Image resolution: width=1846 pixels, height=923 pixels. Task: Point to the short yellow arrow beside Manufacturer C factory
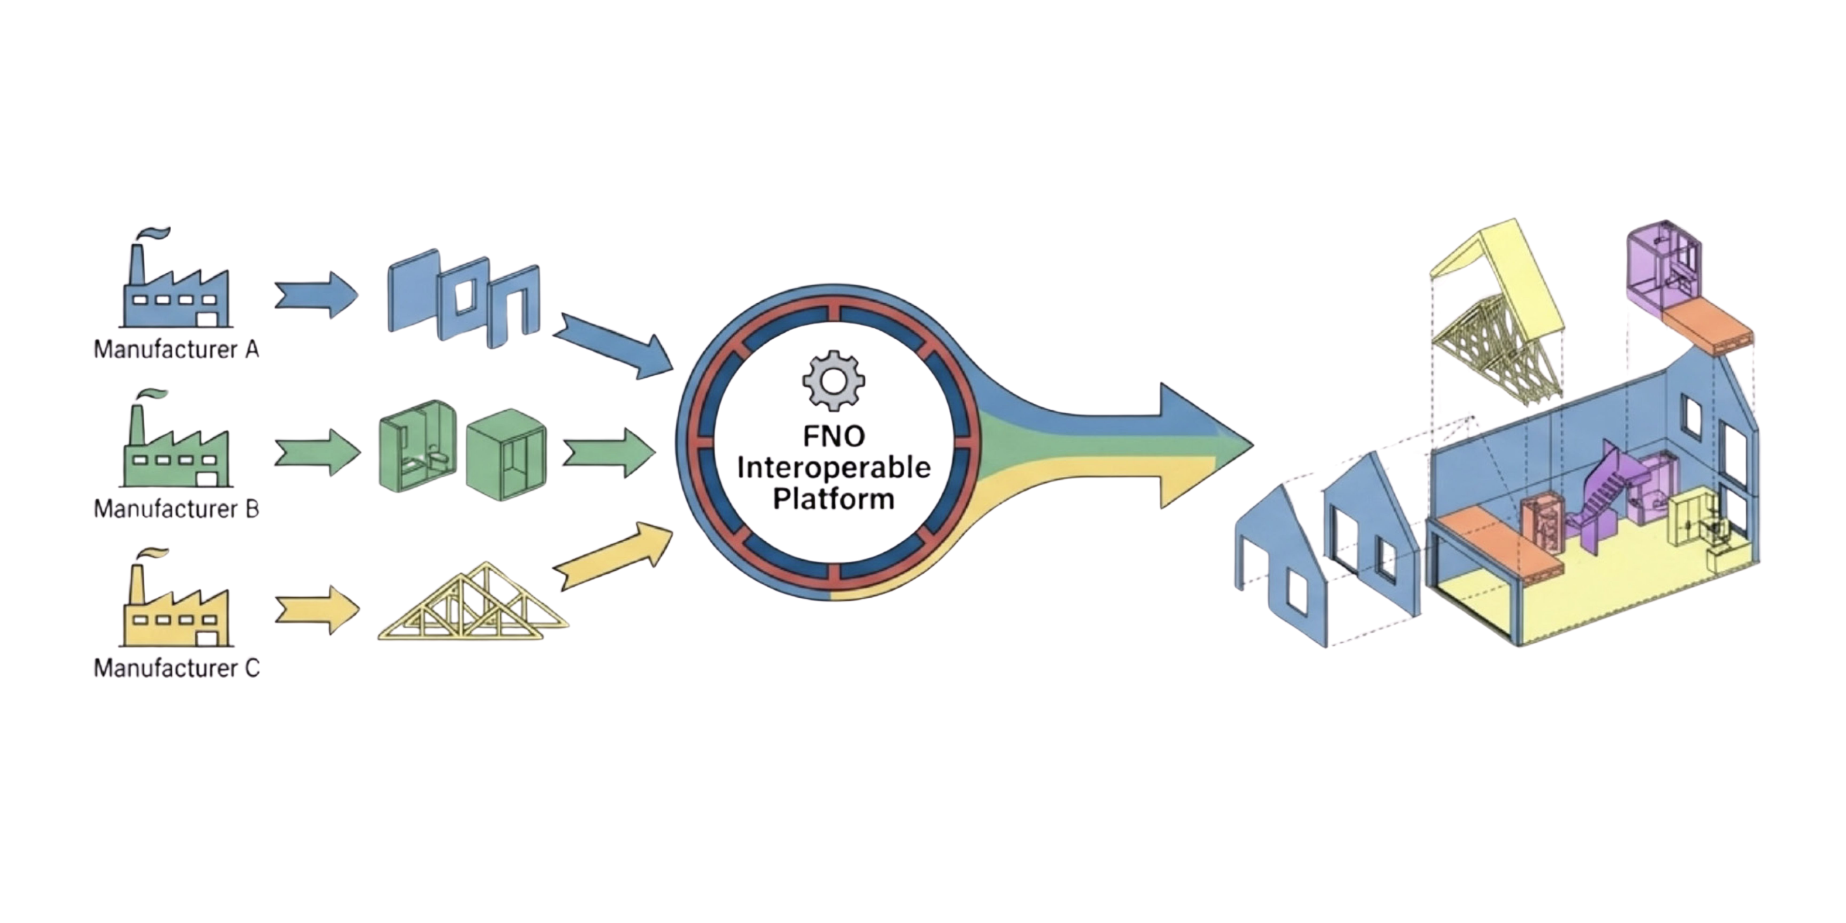pyautogui.click(x=315, y=610)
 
